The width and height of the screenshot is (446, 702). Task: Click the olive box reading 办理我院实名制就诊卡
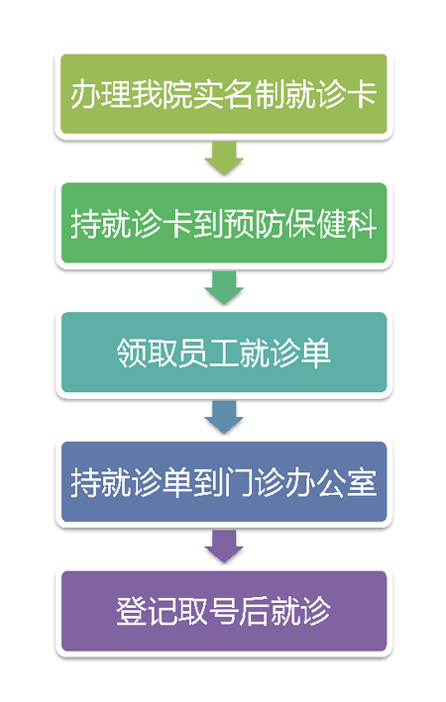coord(224,94)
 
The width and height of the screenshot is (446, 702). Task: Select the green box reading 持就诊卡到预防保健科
coord(224,223)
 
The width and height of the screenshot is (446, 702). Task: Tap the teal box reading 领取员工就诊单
coord(224,352)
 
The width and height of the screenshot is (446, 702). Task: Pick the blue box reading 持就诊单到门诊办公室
coord(224,482)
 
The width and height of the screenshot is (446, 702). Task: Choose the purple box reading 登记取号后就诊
coord(224,611)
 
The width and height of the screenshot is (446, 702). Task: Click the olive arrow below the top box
coord(224,158)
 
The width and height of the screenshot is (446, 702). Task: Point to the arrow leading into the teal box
coord(224,288)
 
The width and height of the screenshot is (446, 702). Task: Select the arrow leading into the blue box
coord(224,417)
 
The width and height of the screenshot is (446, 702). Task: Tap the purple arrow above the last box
coord(224,547)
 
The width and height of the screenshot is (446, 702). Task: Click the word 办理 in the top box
coord(101,94)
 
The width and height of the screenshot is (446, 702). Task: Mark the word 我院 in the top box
coord(163,94)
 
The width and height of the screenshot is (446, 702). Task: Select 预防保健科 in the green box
coord(300,224)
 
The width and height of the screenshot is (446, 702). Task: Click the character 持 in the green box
coord(86,224)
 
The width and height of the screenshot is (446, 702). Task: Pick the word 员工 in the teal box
coord(208,352)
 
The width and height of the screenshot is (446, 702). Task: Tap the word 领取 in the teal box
coord(147,352)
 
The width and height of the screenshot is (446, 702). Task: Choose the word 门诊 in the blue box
coord(254,482)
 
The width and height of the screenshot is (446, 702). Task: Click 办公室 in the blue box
coord(331,482)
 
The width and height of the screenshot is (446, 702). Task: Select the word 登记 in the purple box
coord(147,612)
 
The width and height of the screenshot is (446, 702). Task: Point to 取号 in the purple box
coord(208,612)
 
